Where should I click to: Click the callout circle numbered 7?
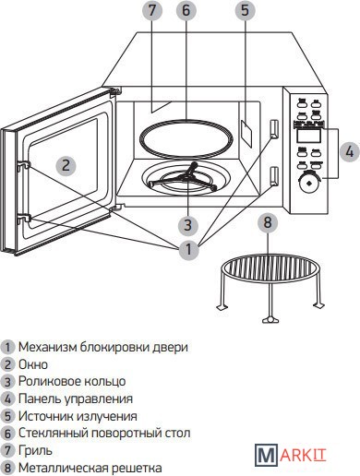[x=152, y=10]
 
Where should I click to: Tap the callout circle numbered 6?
[x=186, y=10]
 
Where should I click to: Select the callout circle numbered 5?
[x=245, y=10]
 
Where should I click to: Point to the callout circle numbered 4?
[x=350, y=151]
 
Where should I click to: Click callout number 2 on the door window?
[x=66, y=165]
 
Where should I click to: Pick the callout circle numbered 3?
[x=188, y=224]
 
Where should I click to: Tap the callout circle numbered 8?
[x=268, y=222]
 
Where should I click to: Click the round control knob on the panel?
[x=308, y=183]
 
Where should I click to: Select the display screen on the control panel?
[x=308, y=136]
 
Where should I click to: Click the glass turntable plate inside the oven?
[x=185, y=122]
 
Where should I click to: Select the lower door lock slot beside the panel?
[x=273, y=177]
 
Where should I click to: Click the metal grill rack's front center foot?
[x=270, y=320]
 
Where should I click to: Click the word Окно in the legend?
[x=33, y=364]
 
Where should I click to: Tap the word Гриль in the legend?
[x=35, y=451]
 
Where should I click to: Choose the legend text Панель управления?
[x=76, y=399]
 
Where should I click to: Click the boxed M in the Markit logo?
[x=267, y=455]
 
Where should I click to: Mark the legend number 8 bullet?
[x=7, y=469]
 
